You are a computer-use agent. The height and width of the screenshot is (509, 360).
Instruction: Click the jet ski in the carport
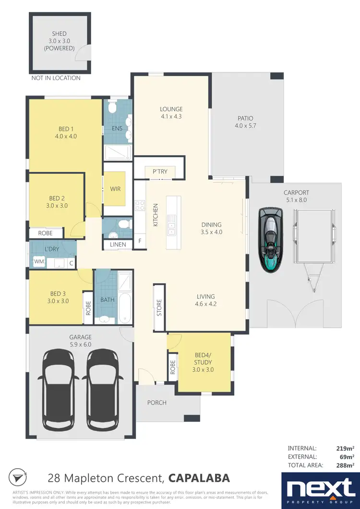click(270, 239)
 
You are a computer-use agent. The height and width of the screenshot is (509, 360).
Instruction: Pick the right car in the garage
click(103, 389)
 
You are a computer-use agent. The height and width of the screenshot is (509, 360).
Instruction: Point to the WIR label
click(115, 189)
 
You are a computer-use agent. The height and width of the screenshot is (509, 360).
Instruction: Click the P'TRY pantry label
click(159, 172)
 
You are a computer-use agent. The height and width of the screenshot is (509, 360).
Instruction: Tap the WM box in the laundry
click(38, 262)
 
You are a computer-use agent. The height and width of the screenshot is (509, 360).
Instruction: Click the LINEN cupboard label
click(118, 245)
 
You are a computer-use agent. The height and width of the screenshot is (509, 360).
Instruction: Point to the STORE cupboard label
click(159, 308)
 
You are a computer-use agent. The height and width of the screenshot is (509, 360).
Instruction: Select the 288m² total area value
click(345, 465)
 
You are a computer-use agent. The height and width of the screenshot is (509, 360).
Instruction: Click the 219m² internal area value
click(345, 448)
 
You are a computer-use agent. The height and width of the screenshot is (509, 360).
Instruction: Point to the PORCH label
click(156, 402)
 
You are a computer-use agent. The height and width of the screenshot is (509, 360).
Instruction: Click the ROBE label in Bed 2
click(47, 233)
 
